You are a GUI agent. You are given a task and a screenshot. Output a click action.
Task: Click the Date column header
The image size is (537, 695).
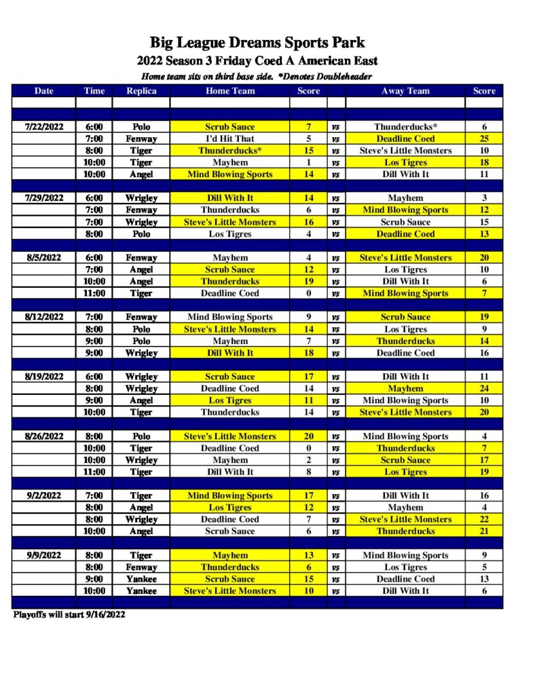click(x=43, y=91)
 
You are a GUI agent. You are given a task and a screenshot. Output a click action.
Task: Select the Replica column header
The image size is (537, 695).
click(x=141, y=91)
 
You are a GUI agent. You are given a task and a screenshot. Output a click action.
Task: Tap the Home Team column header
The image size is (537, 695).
click(x=230, y=91)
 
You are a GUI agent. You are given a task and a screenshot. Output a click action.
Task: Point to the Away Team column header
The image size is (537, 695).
click(x=405, y=91)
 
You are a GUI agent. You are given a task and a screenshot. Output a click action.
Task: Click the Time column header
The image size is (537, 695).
click(x=94, y=91)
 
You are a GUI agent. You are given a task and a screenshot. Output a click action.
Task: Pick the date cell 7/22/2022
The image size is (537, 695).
click(x=43, y=127)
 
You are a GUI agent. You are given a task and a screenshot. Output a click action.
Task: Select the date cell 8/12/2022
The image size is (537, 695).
click(x=43, y=317)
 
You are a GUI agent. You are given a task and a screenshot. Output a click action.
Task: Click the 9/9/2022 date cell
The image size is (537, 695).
click(x=43, y=555)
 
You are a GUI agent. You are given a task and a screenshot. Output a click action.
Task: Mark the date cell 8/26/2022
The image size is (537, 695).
click(x=43, y=436)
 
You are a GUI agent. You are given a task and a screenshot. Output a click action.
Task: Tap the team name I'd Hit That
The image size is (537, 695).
click(x=230, y=138)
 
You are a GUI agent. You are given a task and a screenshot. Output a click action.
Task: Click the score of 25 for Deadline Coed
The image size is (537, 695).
click(x=484, y=138)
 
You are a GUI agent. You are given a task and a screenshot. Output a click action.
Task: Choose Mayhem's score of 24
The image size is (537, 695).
click(x=484, y=389)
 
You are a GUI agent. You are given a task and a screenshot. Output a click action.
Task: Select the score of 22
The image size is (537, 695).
click(x=484, y=519)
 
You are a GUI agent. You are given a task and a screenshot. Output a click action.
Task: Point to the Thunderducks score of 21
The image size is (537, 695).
click(x=484, y=531)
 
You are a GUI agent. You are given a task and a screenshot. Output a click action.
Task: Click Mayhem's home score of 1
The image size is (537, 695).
click(x=308, y=163)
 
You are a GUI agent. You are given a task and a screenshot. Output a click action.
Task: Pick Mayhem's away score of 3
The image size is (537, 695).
click(x=484, y=198)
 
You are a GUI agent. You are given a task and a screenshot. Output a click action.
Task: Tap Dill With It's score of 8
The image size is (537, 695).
click(x=308, y=472)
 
